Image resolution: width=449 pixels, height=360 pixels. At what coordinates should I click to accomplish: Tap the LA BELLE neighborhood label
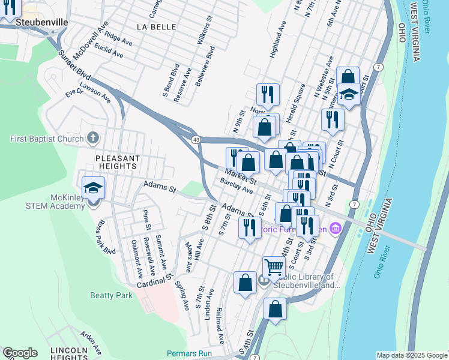[x=154, y=27]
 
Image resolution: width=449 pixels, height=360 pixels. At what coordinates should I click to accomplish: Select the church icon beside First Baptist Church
[x=92, y=139]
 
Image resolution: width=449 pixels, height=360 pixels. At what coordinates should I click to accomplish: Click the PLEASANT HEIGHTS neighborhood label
[x=118, y=163]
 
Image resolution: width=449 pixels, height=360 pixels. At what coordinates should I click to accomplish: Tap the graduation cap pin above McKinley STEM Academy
[x=93, y=188]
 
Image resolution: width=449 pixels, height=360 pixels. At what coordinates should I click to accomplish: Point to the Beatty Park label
[x=111, y=295]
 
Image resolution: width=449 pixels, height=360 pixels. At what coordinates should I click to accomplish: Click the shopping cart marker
[x=274, y=267]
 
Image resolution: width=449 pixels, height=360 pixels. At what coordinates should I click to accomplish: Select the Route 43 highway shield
[x=196, y=139]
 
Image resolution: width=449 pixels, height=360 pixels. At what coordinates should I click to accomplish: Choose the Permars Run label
[x=189, y=353]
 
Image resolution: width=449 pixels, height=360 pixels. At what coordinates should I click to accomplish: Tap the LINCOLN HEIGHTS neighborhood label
[x=69, y=353]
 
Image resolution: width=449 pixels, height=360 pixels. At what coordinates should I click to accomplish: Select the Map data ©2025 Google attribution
[x=411, y=355]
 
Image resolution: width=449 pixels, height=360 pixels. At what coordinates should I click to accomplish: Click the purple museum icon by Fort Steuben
[x=335, y=228]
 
